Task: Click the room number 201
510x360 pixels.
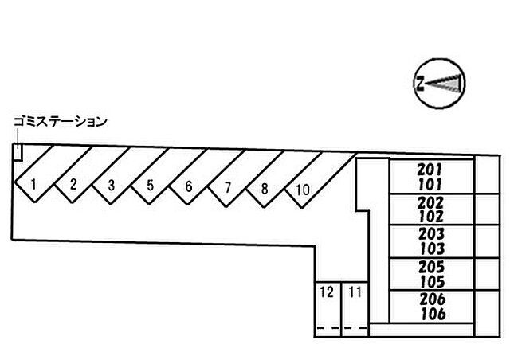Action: tap(430, 170)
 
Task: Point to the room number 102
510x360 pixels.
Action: tap(430, 217)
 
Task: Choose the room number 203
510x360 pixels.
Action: tap(431, 234)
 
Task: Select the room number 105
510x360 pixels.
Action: tap(432, 282)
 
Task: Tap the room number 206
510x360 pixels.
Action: tap(432, 299)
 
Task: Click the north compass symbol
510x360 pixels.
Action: tap(439, 84)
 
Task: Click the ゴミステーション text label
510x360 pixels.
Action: tap(61, 122)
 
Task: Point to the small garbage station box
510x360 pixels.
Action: tap(18, 152)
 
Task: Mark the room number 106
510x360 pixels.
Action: tap(433, 314)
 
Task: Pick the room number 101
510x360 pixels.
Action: tap(430, 185)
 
